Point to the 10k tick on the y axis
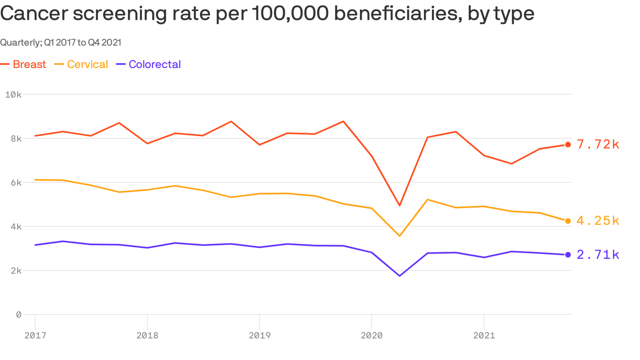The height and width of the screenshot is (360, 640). pos(13,95)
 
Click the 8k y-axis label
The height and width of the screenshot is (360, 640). pos(16,139)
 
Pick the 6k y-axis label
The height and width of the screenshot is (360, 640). pos(16,183)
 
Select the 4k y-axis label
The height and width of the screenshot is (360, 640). pos(16,227)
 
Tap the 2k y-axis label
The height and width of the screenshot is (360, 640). pos(16,271)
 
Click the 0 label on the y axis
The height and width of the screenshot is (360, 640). pos(19,315)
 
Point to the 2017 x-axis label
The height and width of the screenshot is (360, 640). pos(35,336)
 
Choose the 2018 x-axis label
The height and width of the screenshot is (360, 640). pos(147,336)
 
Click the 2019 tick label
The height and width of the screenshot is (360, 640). pos(259,336)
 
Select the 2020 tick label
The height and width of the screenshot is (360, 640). pos(372,336)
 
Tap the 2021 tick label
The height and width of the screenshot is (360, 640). pos(484,336)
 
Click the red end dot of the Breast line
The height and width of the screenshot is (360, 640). pos(568,145)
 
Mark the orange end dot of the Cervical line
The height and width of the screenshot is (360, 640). pos(568,221)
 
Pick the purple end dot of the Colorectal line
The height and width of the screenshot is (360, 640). pos(568,255)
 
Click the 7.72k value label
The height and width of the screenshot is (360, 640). pos(598,145)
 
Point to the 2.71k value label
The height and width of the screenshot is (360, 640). pos(598,255)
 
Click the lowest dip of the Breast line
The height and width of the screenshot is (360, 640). pos(400,205)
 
